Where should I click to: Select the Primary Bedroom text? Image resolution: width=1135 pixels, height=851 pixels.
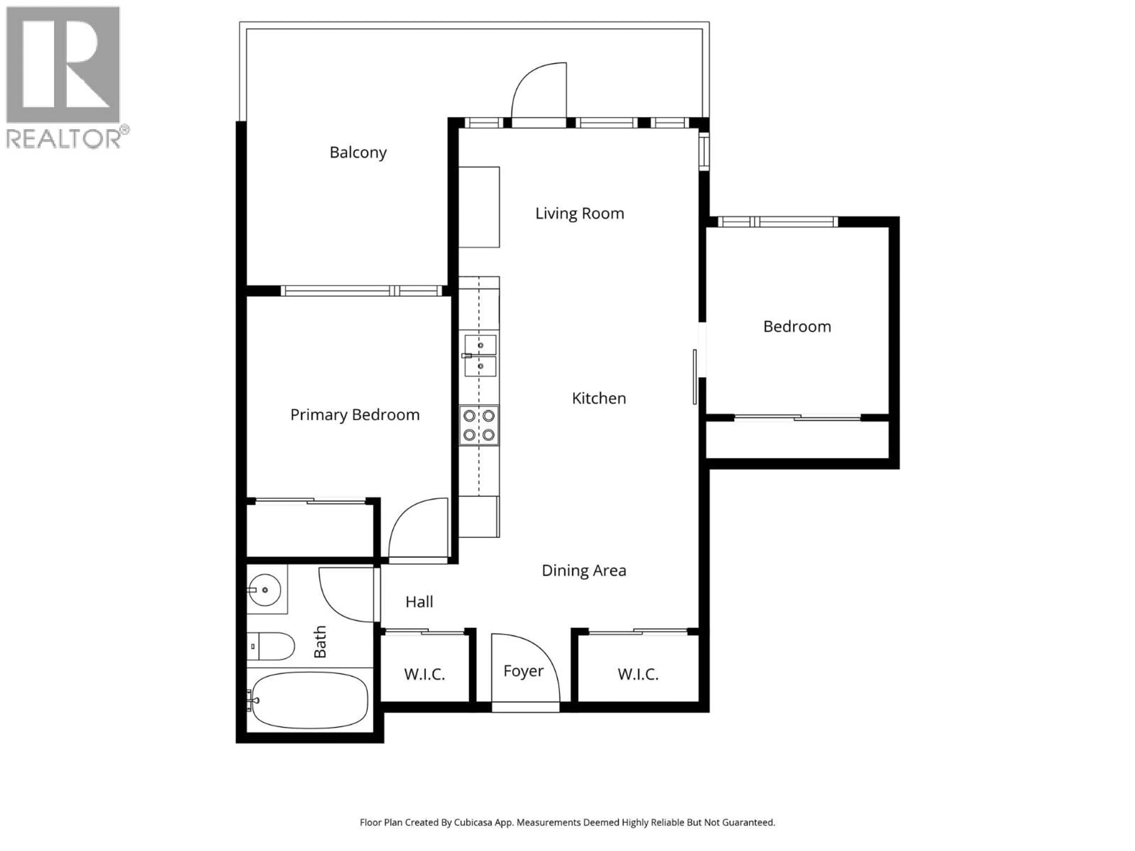point(355,415)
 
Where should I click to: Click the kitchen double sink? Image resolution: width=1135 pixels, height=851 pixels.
point(480,355)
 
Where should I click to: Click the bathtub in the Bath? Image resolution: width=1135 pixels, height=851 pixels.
point(310,700)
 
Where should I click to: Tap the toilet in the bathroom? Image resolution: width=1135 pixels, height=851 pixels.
point(272,646)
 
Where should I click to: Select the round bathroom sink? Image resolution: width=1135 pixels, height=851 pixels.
point(265,590)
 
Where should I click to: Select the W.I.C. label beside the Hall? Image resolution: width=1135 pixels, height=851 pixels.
point(424,674)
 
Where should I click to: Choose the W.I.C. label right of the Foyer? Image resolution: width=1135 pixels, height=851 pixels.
point(638,674)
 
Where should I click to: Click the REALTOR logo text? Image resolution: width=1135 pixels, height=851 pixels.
point(64,139)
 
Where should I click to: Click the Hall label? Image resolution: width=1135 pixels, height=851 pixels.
point(419,602)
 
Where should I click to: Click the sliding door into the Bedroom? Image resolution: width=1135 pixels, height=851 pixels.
point(695,377)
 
